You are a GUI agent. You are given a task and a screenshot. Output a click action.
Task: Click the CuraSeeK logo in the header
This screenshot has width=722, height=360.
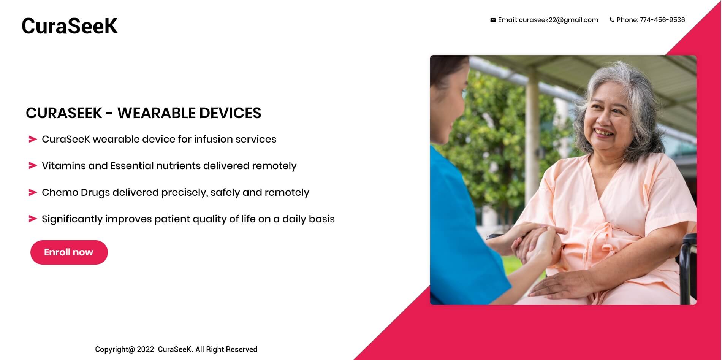[70, 26]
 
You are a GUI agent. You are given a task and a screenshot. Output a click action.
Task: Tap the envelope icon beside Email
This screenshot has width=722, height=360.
[493, 20]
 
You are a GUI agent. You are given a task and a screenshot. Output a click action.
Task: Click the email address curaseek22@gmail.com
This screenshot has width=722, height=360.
[558, 20]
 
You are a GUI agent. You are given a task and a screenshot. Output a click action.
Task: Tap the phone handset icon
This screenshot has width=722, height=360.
[612, 20]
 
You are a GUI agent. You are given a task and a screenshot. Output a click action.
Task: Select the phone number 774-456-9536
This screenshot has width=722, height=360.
[662, 20]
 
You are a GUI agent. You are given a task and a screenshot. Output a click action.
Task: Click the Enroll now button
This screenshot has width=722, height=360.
[69, 252]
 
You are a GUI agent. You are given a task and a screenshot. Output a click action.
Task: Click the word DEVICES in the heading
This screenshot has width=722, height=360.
[230, 113]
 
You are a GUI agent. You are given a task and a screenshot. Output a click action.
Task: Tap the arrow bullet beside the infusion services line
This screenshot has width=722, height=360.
[33, 140]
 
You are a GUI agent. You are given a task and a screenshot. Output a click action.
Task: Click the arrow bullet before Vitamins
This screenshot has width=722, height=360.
[33, 166]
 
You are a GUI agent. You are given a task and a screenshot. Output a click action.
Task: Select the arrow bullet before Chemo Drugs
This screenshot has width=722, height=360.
[33, 192]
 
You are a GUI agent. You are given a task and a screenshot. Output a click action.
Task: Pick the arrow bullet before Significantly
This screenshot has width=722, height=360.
[33, 219]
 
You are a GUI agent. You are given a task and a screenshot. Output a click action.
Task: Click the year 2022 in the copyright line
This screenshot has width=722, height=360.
[146, 349]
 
